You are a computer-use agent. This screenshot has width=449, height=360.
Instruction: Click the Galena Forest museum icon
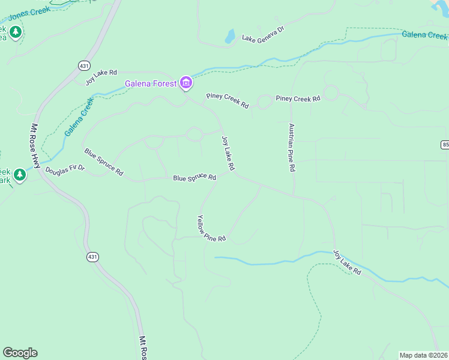186,83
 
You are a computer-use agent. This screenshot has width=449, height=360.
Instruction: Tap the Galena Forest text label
150,83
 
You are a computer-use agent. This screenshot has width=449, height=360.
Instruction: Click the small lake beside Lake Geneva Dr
230,37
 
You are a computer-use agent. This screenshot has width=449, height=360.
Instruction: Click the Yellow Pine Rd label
211,229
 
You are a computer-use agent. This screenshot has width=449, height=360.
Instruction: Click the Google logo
20,353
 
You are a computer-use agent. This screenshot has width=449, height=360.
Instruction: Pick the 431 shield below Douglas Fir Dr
92,257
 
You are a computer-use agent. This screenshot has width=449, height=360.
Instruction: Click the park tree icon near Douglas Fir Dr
20,175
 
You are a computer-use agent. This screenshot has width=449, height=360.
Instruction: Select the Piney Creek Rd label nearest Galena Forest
228,100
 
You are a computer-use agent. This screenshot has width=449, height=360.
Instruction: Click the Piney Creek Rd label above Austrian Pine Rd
298,98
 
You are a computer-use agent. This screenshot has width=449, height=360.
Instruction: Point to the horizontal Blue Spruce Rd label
194,178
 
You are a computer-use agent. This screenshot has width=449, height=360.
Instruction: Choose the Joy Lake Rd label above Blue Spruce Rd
228,152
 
